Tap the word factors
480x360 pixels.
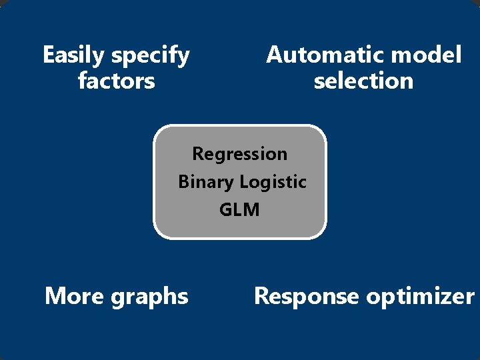(x=116, y=81)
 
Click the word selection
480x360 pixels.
(x=363, y=81)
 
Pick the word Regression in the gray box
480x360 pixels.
(x=240, y=154)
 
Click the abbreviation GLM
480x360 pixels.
(x=239, y=209)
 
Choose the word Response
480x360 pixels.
(x=306, y=296)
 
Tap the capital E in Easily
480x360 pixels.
(x=48, y=55)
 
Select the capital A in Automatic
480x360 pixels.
(x=274, y=55)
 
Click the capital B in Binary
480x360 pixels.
(x=183, y=181)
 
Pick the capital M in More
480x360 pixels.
(x=54, y=295)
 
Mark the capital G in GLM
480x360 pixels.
(x=225, y=209)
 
